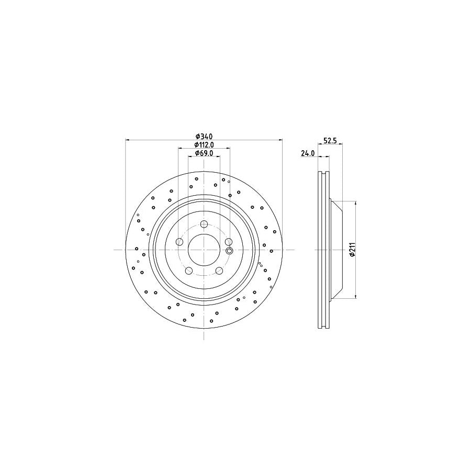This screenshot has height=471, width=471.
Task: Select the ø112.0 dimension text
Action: [204, 145]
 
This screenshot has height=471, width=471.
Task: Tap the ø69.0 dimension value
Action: [204, 153]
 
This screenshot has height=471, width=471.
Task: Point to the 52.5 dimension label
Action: [329, 140]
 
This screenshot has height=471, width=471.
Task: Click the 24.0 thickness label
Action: [307, 153]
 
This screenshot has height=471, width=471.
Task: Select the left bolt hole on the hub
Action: [179, 242]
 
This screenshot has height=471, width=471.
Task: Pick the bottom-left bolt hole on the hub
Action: [189, 271]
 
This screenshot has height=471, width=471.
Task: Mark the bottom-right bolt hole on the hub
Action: [219, 271]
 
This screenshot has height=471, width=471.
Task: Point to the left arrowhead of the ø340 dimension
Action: [128, 140]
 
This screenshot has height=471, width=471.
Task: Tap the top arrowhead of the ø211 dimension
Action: [356, 203]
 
